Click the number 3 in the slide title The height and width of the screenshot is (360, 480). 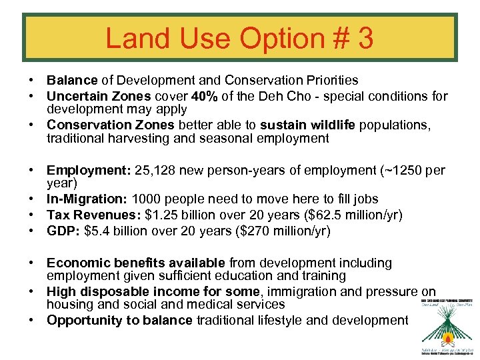(365, 39)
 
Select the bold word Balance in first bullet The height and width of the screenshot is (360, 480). (71, 81)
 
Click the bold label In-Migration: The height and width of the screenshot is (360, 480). (87, 199)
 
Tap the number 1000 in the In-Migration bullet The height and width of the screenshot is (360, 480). (145, 199)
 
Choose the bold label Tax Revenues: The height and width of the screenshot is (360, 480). (93, 214)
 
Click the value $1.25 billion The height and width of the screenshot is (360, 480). (176, 214)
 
